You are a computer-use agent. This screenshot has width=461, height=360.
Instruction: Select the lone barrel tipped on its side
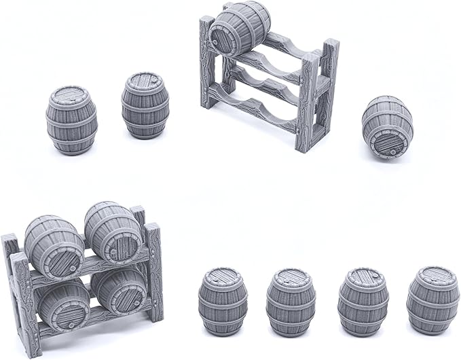[387, 126]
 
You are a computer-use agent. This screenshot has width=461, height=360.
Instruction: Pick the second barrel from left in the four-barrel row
[291, 302]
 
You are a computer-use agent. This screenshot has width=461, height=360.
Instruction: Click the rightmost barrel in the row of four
[432, 299]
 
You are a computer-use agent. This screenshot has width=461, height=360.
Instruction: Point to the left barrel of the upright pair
[71, 120]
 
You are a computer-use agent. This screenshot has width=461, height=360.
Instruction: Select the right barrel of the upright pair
[145, 105]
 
